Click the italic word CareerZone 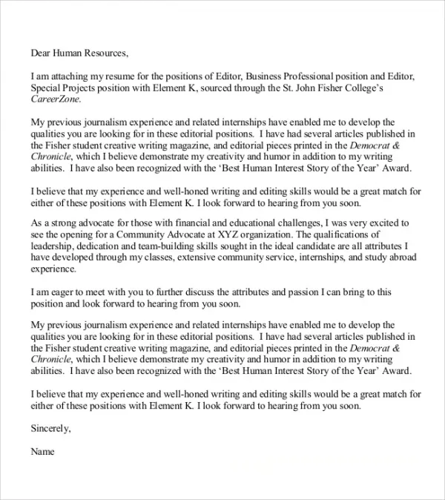click(56, 99)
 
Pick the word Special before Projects click(48, 88)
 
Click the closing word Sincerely click(51, 428)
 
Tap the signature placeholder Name click(43, 450)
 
